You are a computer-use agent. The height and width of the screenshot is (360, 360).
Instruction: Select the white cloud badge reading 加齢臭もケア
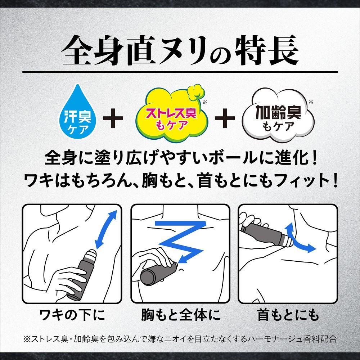click(x=278, y=115)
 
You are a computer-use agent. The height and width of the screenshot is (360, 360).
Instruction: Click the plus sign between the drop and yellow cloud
click(x=113, y=118)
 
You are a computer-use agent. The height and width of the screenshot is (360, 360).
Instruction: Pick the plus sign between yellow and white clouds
click(x=225, y=118)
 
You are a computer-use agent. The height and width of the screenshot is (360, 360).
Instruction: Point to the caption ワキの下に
click(x=72, y=315)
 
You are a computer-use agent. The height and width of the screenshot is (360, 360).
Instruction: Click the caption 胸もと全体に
click(x=181, y=315)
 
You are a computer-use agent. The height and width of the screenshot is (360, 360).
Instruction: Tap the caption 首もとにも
click(x=288, y=315)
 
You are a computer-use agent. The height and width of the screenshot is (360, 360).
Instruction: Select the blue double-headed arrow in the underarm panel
click(x=106, y=230)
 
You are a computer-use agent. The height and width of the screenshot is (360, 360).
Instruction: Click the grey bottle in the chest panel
click(x=159, y=273)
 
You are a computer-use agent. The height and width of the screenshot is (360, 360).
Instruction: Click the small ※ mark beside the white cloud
click(x=311, y=102)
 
